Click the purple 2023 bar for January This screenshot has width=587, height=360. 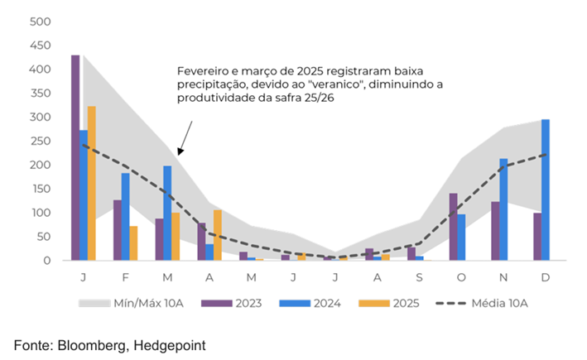75,158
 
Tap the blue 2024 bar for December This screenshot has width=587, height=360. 545,190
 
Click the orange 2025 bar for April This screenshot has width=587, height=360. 218,235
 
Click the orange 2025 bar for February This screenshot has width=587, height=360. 134,243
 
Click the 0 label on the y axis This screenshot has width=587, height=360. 46,261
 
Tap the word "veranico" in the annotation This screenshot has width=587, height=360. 343,84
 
